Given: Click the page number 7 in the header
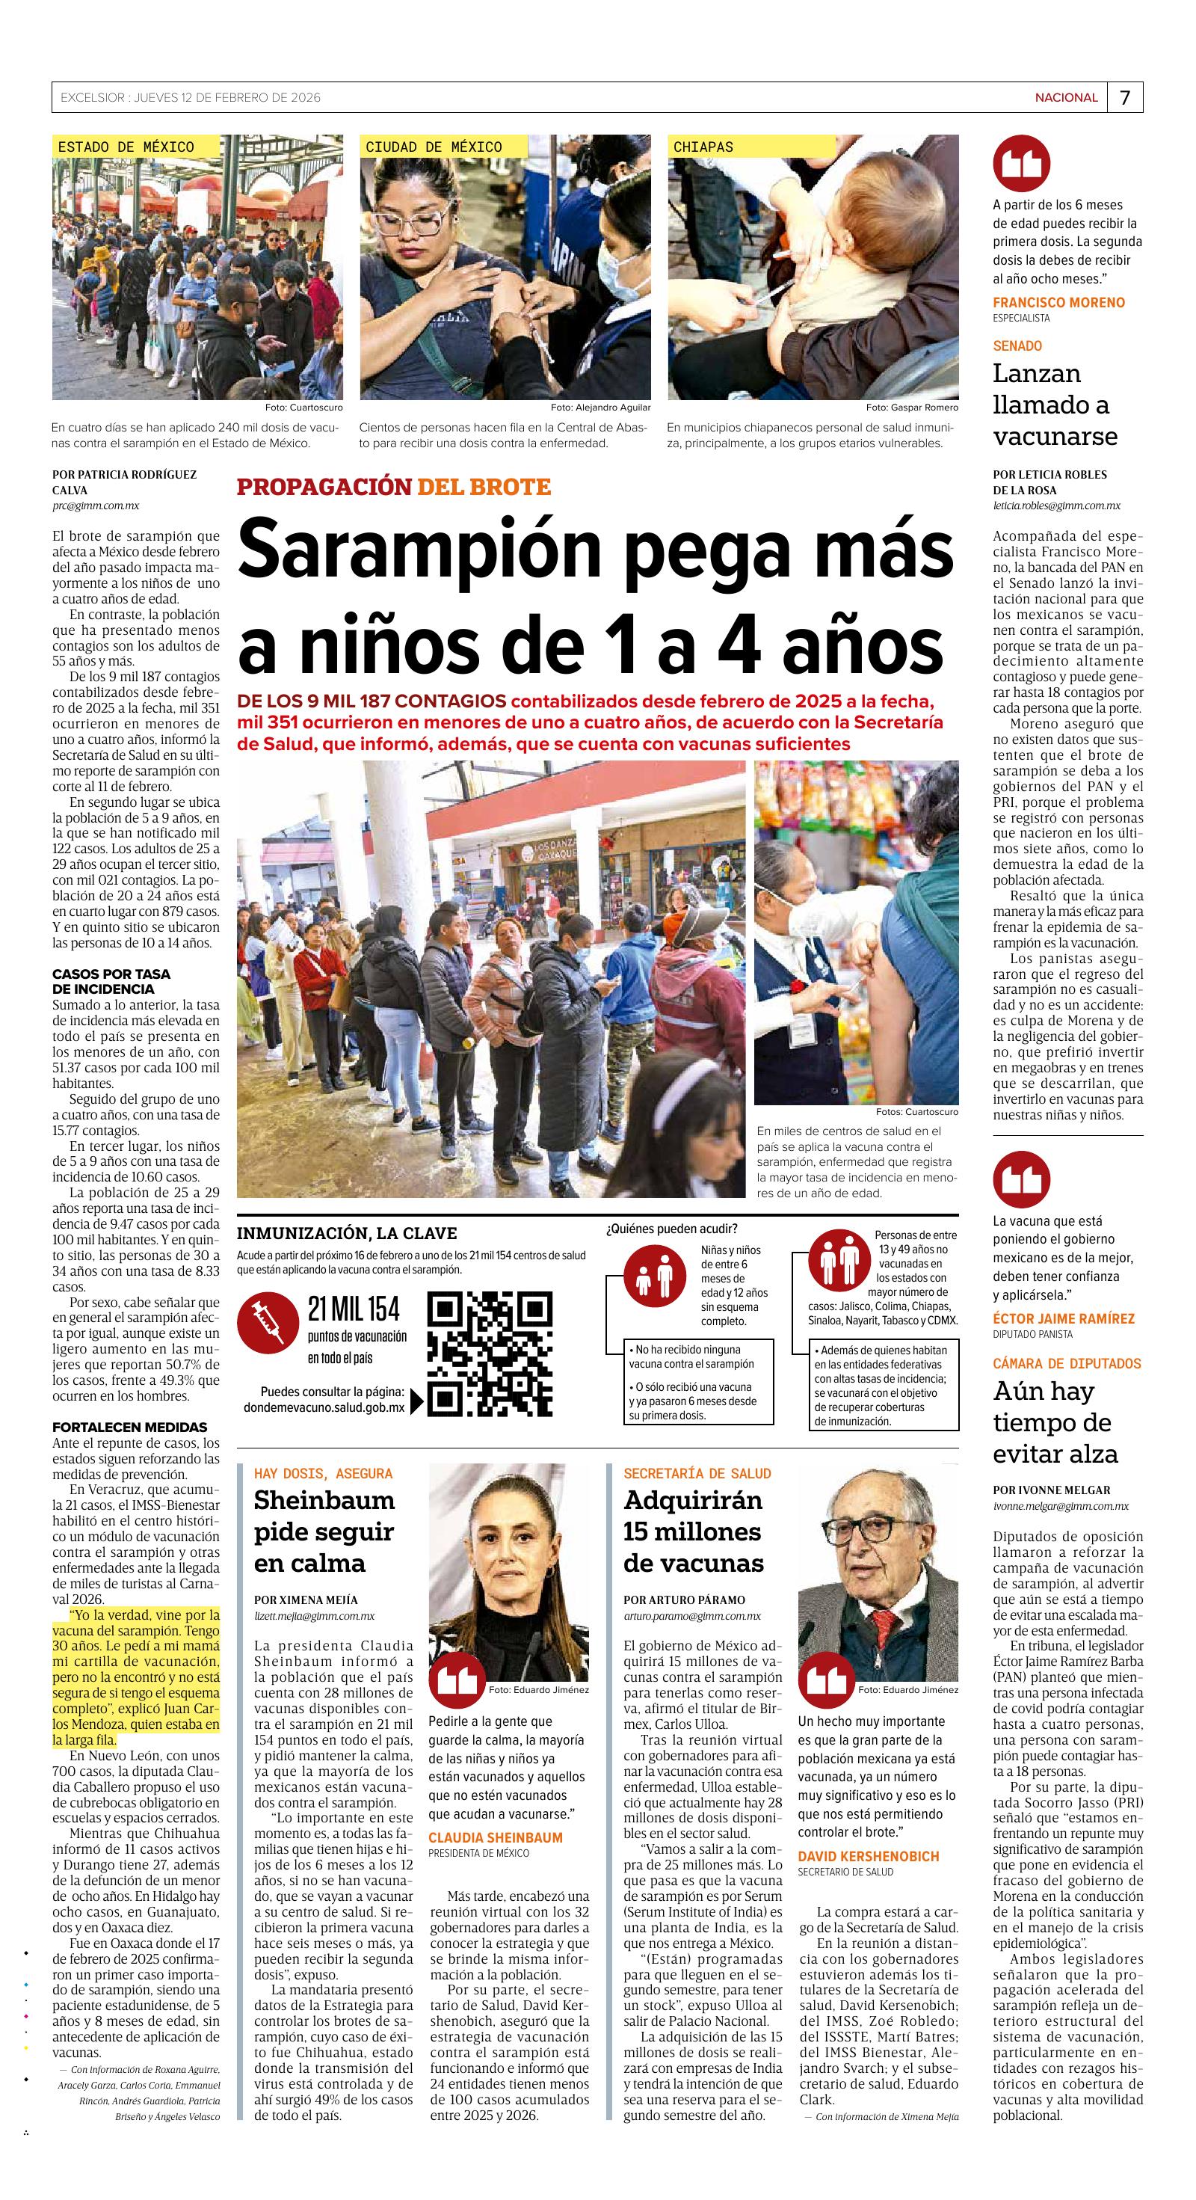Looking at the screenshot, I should pyautogui.click(x=1125, y=97).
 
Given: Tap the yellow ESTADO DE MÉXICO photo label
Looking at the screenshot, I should pyautogui.click(x=126, y=147).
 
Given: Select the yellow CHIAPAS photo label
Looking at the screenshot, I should pyautogui.click(x=703, y=147).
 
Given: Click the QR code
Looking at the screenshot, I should pyautogui.click(x=489, y=1354).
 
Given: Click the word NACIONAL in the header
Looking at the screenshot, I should pyautogui.click(x=1066, y=97).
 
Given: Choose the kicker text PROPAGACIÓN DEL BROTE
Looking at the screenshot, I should pyautogui.click(x=393, y=487).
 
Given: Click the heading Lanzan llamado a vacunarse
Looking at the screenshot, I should pyautogui.click(x=1055, y=405).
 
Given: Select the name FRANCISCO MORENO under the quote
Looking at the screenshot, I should pyautogui.click(x=1058, y=302).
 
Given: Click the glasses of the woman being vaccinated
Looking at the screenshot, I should pyautogui.click(x=417, y=224).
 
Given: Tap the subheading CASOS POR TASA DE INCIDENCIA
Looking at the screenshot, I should pyautogui.click(x=111, y=981).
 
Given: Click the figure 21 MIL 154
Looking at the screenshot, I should pyautogui.click(x=354, y=1309).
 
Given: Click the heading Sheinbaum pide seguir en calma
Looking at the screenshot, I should pyautogui.click(x=324, y=1531).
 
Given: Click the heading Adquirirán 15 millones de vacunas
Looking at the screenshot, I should pyautogui.click(x=692, y=1531).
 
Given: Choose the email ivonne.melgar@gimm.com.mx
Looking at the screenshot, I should pyautogui.click(x=1060, y=1507).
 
